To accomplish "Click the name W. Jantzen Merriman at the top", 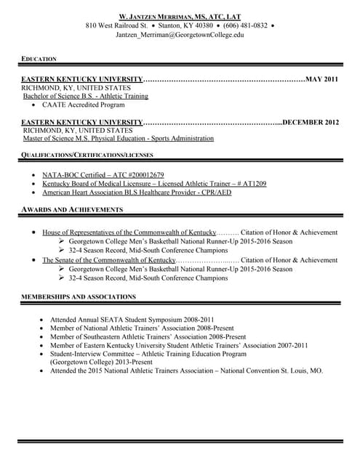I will tap(180, 15).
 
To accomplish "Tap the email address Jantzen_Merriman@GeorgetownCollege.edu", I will tap(180, 34).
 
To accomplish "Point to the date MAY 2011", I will tap(322, 78).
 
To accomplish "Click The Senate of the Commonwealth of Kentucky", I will tap(109, 259).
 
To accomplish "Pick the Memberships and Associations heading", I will tap(79, 296).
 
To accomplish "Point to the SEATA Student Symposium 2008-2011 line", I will tap(132, 320).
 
